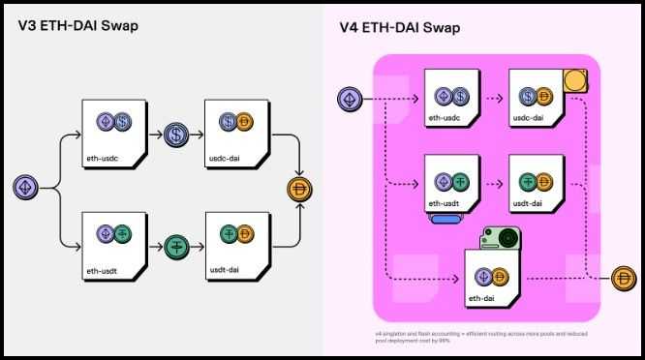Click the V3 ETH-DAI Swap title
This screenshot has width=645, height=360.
77,26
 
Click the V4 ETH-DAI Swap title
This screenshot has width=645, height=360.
400,26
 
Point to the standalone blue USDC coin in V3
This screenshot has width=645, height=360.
176,135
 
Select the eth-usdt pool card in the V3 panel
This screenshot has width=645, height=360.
113,241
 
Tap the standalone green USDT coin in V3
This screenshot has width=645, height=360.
176,246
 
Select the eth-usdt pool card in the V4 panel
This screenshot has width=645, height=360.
451,184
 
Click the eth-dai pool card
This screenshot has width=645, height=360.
494,280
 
